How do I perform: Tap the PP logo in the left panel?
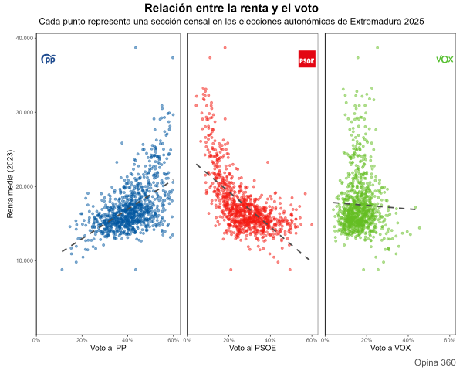(49, 59)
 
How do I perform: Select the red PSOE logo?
(306, 59)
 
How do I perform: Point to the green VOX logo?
(444, 59)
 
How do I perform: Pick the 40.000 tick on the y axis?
(25, 38)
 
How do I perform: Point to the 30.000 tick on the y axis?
(25, 112)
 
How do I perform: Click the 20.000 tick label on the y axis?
(25, 186)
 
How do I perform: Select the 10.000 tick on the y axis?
(25, 260)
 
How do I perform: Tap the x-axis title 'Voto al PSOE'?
(252, 349)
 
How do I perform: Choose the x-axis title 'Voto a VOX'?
(390, 349)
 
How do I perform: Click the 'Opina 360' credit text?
(434, 362)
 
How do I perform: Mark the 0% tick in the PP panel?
(36, 339)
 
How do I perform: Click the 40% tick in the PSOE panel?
(270, 339)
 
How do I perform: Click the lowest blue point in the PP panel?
(136, 270)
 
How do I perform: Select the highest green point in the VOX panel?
(377, 47)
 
